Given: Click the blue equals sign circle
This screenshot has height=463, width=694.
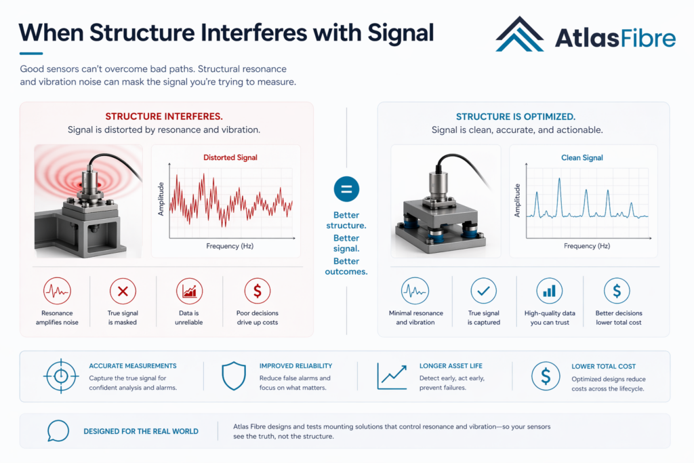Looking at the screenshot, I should point(346,189).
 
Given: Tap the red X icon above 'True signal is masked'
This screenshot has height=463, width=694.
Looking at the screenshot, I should point(123,291).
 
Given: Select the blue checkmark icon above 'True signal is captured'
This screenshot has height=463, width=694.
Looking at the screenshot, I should point(484,291).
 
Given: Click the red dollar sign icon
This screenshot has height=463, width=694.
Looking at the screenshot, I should point(258,291).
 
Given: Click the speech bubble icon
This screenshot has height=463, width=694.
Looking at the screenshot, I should point(58,430).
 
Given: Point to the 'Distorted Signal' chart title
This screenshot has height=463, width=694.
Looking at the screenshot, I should point(230,157).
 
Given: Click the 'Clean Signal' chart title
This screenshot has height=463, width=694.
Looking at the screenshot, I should point(582,157).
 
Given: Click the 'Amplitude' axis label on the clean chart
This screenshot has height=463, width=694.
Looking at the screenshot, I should point(517,201).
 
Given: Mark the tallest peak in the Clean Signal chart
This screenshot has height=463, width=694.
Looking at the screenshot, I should point(559,180).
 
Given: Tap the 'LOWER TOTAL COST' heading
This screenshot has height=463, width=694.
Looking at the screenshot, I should point(603,366).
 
